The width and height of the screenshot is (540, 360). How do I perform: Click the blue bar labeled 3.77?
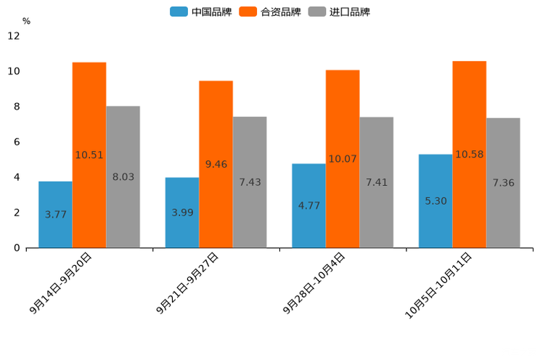coord(55,214)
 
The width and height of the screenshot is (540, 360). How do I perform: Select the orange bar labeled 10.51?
coord(89,155)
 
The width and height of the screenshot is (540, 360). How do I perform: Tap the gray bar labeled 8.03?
coord(123,176)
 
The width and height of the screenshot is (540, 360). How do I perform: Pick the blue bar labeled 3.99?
coord(182,212)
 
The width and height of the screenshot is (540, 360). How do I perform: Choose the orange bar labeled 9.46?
coord(216,164)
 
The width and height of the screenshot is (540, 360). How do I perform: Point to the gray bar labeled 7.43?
coord(250,182)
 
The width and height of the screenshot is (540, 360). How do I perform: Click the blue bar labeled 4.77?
coord(308,205)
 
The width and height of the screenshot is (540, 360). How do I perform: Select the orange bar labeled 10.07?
coord(343,158)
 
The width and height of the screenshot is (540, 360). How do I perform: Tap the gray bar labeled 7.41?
coord(376,182)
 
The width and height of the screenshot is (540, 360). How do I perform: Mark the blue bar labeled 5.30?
coord(435,200)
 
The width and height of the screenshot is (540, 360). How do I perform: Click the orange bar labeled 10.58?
coord(469,154)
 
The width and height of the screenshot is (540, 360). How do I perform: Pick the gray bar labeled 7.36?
coord(503,183)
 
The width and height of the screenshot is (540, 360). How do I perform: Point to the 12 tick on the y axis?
coord(14,36)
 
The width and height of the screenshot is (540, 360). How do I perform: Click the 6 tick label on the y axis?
coord(17,142)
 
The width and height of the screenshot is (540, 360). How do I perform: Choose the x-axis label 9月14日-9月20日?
coord(62,284)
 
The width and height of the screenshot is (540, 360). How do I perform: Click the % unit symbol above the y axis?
coord(26,22)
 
